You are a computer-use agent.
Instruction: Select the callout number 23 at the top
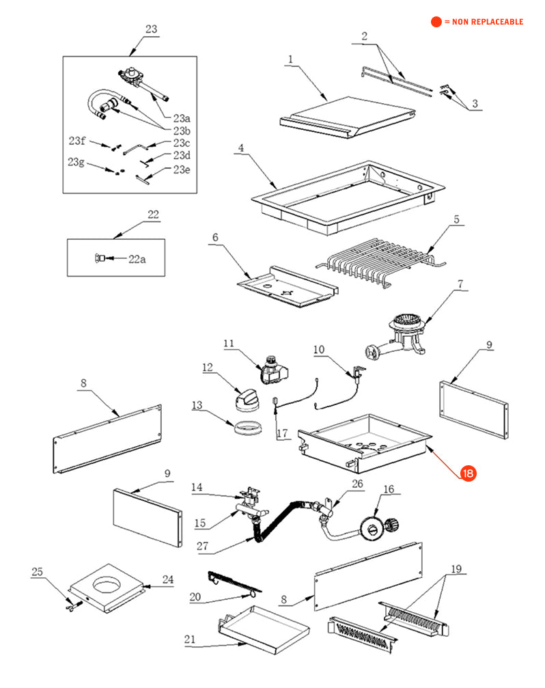coord(151,29)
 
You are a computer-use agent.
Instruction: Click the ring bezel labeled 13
coord(244,430)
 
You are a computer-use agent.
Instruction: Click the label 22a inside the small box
coord(137,259)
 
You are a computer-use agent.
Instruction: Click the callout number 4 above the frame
coord(241,148)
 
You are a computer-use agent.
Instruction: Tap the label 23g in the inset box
coord(76,162)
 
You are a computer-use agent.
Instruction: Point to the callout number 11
coord(228,343)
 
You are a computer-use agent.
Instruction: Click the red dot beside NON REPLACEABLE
coord(436,22)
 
